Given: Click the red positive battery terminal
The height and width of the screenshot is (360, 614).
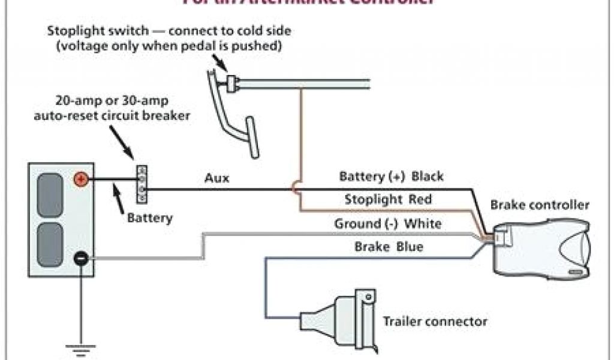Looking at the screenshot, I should (x=80, y=179).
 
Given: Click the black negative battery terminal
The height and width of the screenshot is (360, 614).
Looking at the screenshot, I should (x=80, y=259).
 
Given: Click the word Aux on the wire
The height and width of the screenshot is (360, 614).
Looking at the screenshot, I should (x=216, y=178).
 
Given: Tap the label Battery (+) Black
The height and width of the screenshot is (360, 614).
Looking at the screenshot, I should (x=391, y=176).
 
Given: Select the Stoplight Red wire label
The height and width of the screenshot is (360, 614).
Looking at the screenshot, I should (x=388, y=199).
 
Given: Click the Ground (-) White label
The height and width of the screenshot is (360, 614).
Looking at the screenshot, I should (x=388, y=224).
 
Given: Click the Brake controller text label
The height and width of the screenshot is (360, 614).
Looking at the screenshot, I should (x=540, y=205).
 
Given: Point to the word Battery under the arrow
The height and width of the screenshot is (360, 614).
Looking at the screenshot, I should (x=149, y=218).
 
